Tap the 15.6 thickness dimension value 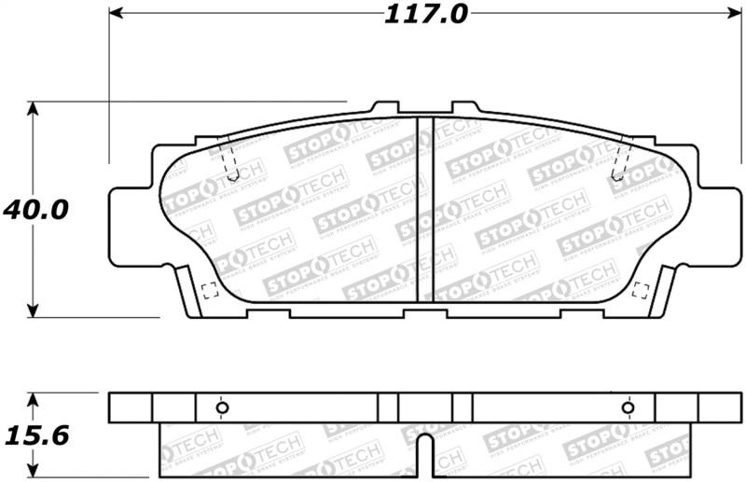(x=35, y=434)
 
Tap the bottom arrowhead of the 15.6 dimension (x=35, y=471)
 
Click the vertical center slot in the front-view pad (x=425, y=209)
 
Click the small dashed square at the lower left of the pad (x=210, y=289)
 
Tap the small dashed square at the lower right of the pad (x=641, y=289)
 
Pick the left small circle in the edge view (x=222, y=406)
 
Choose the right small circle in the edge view (x=628, y=406)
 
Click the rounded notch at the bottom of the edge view (x=425, y=452)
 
